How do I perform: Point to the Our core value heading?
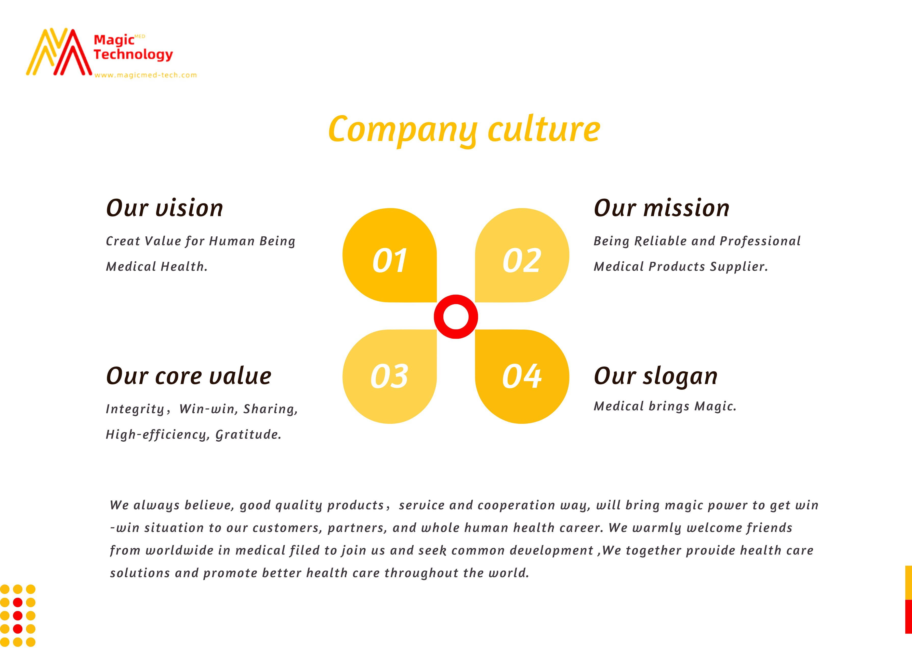[x=189, y=376]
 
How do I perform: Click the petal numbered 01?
[x=390, y=255]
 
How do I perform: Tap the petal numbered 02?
[x=522, y=255]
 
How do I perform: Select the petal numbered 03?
[x=390, y=377]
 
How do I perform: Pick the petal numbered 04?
[x=522, y=377]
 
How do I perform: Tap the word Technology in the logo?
[x=133, y=55]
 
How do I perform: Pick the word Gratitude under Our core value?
[x=248, y=435]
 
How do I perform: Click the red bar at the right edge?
[x=908, y=616]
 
